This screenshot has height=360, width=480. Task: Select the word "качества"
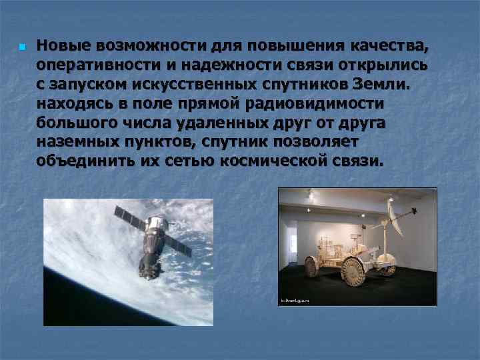pos(386,47)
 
